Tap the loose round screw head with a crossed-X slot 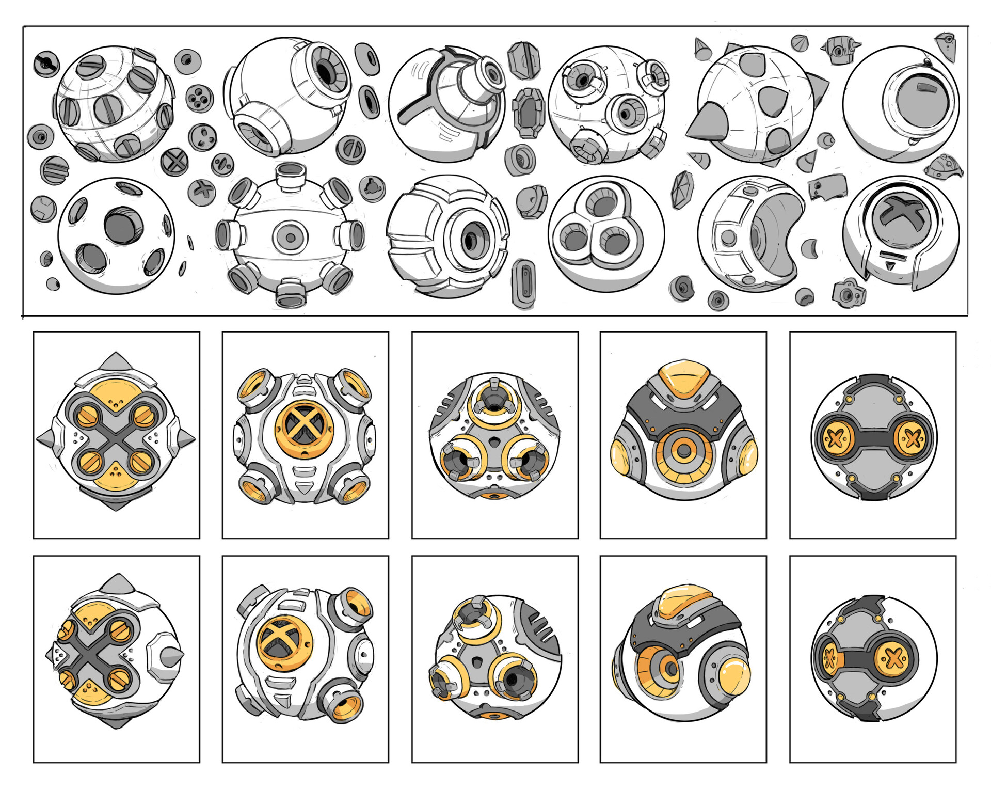[x=174, y=162]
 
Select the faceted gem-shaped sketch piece [x=682, y=189]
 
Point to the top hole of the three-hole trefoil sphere [x=601, y=202]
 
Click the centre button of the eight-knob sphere [x=290, y=238]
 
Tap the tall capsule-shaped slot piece [x=523, y=283]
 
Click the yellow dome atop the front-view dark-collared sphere [x=683, y=376]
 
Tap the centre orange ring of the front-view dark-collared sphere [x=683, y=451]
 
